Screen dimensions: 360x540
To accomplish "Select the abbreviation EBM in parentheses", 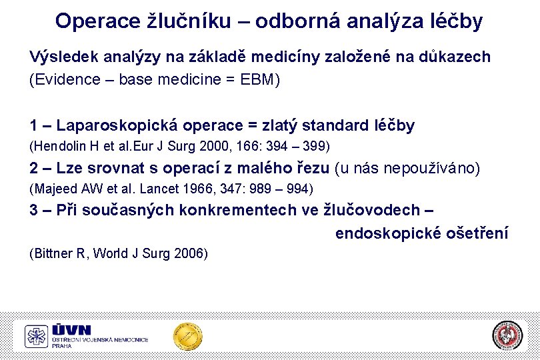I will [x=256, y=80].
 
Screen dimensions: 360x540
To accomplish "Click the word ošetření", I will [x=479, y=233].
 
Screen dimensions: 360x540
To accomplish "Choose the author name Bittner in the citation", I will [x=53, y=253].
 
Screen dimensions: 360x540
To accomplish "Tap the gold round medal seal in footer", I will [x=187, y=337].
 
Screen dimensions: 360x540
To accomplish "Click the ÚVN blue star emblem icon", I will [x=37, y=337].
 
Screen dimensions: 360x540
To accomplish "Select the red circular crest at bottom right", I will [x=507, y=335].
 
